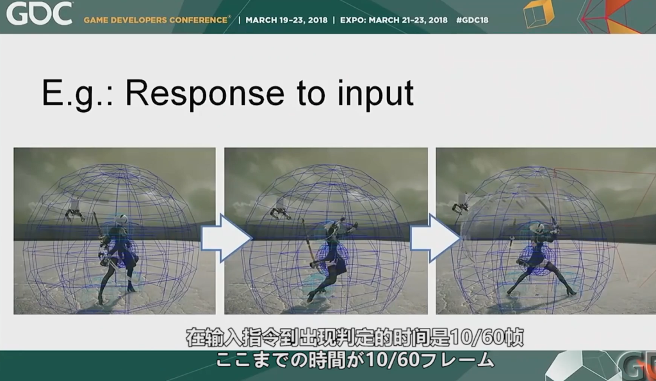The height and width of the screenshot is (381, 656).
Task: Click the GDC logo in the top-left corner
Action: [38, 13]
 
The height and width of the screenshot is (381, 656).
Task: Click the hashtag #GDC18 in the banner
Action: [472, 20]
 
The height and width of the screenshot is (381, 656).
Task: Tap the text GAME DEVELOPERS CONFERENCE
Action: [156, 20]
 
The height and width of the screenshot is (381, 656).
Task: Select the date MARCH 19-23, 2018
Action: [286, 20]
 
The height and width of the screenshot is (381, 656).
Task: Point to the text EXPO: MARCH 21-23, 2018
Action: [394, 20]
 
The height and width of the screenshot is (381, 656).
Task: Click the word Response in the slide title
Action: [204, 94]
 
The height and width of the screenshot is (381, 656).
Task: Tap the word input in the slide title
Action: [375, 95]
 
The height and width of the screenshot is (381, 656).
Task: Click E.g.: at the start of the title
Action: [78, 94]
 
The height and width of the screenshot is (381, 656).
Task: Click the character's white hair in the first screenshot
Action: [122, 219]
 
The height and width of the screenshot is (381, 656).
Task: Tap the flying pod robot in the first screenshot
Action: [75, 211]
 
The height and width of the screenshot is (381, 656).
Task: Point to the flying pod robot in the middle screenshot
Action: [281, 211]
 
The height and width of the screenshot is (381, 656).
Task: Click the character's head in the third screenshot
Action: [538, 228]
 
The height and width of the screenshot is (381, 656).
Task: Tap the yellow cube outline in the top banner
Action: [539, 15]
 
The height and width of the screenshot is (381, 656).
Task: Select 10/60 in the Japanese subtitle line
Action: [393, 360]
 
